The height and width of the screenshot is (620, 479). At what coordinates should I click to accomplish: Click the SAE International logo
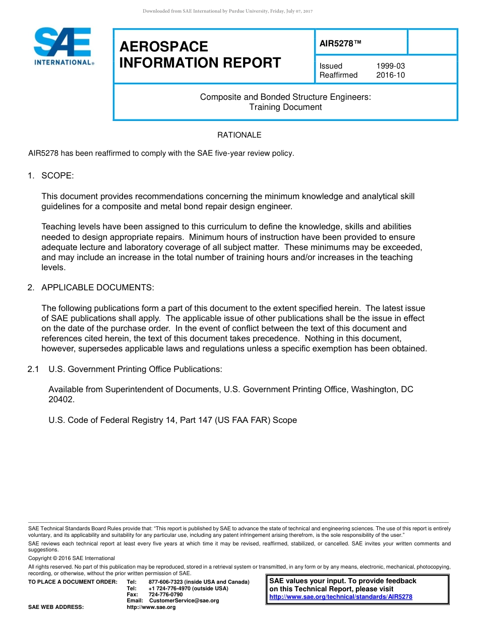[x=63, y=46]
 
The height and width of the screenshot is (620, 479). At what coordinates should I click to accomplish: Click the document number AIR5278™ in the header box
[x=340, y=43]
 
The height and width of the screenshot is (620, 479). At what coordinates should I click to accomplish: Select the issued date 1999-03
[x=390, y=66]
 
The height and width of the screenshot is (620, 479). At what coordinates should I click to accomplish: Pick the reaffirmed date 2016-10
[x=390, y=75]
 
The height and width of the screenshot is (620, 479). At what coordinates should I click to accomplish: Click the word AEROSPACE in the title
[x=163, y=46]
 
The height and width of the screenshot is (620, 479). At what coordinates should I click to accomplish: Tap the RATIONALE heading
[x=239, y=135]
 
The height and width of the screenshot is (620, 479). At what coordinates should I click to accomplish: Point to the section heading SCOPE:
[x=57, y=175]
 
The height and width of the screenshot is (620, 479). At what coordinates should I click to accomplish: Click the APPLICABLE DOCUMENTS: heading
[x=97, y=287]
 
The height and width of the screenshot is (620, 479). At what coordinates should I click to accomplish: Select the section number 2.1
[x=33, y=369]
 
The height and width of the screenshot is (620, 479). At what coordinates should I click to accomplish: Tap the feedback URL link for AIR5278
[x=341, y=597]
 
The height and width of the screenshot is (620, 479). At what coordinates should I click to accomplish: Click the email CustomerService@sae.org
[x=184, y=600]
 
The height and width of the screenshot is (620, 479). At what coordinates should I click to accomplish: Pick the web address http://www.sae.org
[x=151, y=607]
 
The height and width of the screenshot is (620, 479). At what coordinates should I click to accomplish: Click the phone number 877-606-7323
[x=166, y=582]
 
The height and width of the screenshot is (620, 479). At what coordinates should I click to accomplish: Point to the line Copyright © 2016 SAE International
[x=72, y=558]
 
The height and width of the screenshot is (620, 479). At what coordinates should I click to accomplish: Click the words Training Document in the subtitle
[x=285, y=107]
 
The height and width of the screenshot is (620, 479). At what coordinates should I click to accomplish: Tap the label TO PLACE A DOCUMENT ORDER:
[x=73, y=582]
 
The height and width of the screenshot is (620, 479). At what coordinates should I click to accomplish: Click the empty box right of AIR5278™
[x=432, y=42]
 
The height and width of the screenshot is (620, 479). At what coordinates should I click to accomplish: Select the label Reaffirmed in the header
[x=338, y=75]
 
